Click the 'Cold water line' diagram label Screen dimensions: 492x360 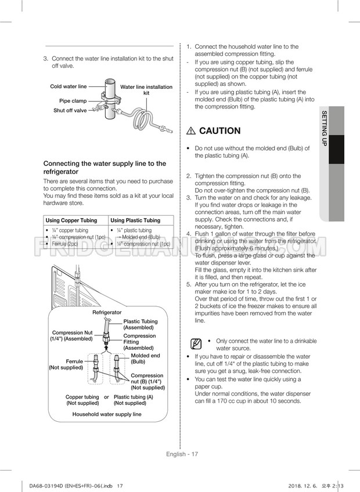(x=68, y=86)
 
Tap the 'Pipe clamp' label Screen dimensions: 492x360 (x=73, y=101)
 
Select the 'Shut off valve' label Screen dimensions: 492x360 (x=70, y=110)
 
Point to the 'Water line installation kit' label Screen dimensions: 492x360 (x=146, y=90)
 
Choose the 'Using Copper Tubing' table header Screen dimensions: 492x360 (x=71, y=220)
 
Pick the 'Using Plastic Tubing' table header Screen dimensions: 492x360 (x=135, y=220)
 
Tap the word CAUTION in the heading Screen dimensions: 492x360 (x=219, y=131)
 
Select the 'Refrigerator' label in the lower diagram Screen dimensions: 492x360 (x=107, y=312)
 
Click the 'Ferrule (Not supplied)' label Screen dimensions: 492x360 (x=66, y=364)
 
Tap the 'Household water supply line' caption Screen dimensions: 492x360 (x=107, y=414)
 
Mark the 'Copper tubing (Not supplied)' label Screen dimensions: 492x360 (x=82, y=400)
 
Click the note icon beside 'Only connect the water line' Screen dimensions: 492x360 (x=196, y=344)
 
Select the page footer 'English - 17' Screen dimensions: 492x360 (x=180, y=454)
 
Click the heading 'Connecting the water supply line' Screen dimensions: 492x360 (x=105, y=168)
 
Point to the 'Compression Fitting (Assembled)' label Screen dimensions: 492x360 (x=139, y=342)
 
